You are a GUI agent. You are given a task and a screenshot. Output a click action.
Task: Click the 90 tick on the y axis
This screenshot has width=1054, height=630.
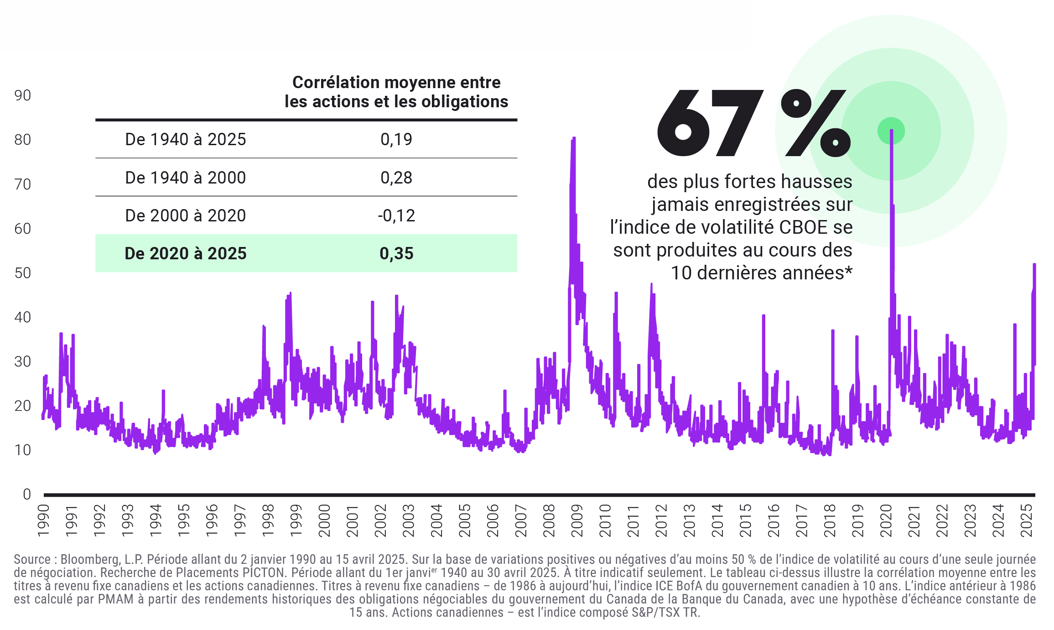pos(23,95)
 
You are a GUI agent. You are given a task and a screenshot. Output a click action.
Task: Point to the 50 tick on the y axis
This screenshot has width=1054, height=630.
pos(23,273)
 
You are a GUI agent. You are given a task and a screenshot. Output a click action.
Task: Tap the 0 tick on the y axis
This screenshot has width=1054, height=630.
pos(27,494)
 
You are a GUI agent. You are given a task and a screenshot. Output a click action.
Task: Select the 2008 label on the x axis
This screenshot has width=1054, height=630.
pos(549,520)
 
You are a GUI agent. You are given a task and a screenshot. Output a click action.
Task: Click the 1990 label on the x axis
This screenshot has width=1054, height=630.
pos(43,520)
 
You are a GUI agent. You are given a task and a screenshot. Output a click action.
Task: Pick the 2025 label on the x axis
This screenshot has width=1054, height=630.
pos(1027,520)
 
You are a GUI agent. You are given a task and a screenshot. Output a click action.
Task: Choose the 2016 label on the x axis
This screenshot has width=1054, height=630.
pos(774,520)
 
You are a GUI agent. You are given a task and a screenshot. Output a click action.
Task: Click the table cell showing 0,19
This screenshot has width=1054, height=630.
pos(396,139)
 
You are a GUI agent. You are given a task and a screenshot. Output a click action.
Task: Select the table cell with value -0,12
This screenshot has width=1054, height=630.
pos(396,215)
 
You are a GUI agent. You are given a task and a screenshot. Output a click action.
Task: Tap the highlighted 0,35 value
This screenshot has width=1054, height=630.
pos(396,253)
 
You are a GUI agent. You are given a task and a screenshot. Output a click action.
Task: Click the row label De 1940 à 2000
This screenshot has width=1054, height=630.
pos(186,178)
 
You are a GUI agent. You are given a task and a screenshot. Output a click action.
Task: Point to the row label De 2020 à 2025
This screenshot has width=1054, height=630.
pos(186,253)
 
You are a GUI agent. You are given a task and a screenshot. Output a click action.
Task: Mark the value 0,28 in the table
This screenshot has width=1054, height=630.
pos(396,178)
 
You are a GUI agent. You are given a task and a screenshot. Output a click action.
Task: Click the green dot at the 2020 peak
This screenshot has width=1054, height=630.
pos(891,131)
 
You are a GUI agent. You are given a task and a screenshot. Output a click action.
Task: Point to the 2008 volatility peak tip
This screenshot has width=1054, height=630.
pos(574,138)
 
